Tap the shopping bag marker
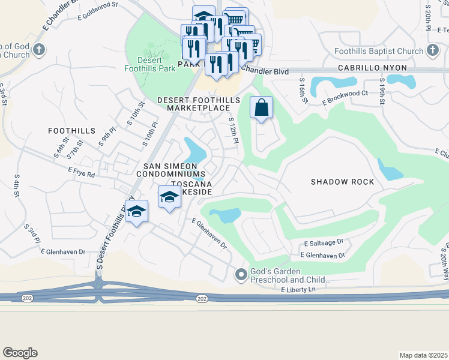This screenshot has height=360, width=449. coord(261,108)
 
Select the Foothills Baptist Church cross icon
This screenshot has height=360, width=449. coord(432,50)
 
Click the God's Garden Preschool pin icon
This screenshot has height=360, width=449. coord(241,275)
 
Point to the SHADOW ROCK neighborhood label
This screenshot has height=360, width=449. coord(342,182)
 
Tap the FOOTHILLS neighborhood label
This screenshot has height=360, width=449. coord(72,131)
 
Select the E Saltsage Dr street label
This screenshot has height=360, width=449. coord(323,243)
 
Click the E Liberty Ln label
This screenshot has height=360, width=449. coord(298,290)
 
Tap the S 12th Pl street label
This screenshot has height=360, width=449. coord(234,130)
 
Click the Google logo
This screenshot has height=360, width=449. coord(20,353)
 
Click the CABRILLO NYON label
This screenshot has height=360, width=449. coord(372,68)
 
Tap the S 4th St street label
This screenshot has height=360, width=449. coord(17,187)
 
